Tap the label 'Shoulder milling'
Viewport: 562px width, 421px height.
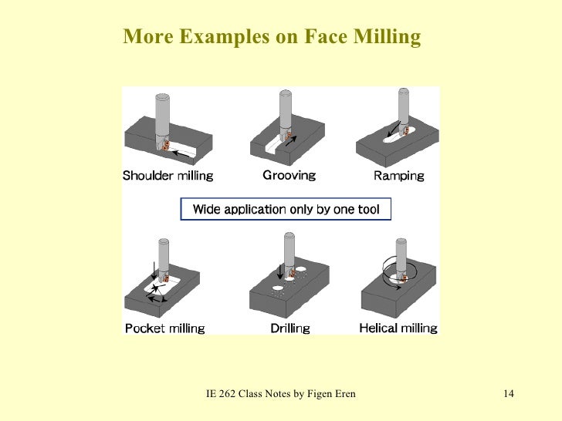pos(168,176)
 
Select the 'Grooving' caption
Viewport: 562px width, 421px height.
pos(289,175)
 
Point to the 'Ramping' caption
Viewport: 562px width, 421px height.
pos(398,176)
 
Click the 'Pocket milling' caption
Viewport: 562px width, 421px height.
pos(165,328)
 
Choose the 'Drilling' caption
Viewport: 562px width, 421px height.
pos(290,328)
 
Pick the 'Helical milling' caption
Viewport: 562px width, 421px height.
pos(398,328)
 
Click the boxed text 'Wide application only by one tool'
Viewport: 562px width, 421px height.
pos(286,209)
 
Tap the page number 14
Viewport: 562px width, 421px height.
pos(508,395)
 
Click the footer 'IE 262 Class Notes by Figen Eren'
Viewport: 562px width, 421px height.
pos(281,395)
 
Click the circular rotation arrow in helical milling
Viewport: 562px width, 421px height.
pos(399,271)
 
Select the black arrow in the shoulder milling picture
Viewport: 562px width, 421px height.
pos(182,153)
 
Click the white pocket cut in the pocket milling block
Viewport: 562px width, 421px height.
pos(164,288)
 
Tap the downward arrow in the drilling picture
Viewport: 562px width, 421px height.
pos(279,271)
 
